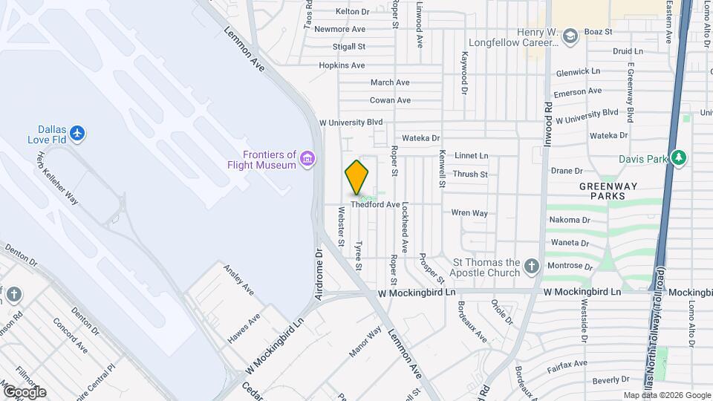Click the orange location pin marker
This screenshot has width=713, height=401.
[356, 177]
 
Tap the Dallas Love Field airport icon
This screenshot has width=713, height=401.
[79, 134]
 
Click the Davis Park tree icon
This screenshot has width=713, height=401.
[677, 158]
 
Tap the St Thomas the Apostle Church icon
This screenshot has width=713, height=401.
[531, 266]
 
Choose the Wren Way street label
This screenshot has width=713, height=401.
[469, 213]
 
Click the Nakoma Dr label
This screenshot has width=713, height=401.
[570, 220]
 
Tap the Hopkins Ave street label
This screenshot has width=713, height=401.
[342, 65]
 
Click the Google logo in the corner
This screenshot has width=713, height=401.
[25, 392]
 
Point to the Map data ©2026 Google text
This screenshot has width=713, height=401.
[666, 395]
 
